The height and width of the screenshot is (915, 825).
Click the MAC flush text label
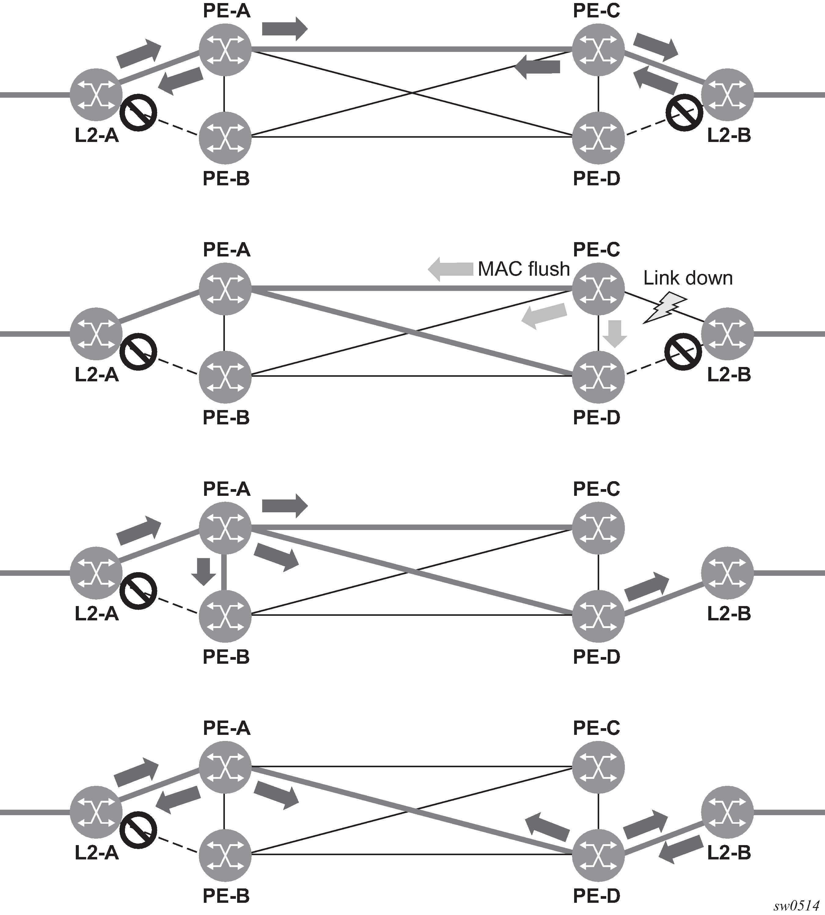coord(523,269)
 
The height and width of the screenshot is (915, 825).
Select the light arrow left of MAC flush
coord(451,269)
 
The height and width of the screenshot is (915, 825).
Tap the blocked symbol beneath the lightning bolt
coord(683,351)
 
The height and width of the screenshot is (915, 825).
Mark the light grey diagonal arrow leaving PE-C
coord(544,315)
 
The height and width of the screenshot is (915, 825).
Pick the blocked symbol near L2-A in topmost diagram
coord(138,113)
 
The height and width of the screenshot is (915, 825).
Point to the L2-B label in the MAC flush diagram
coord(729,374)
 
